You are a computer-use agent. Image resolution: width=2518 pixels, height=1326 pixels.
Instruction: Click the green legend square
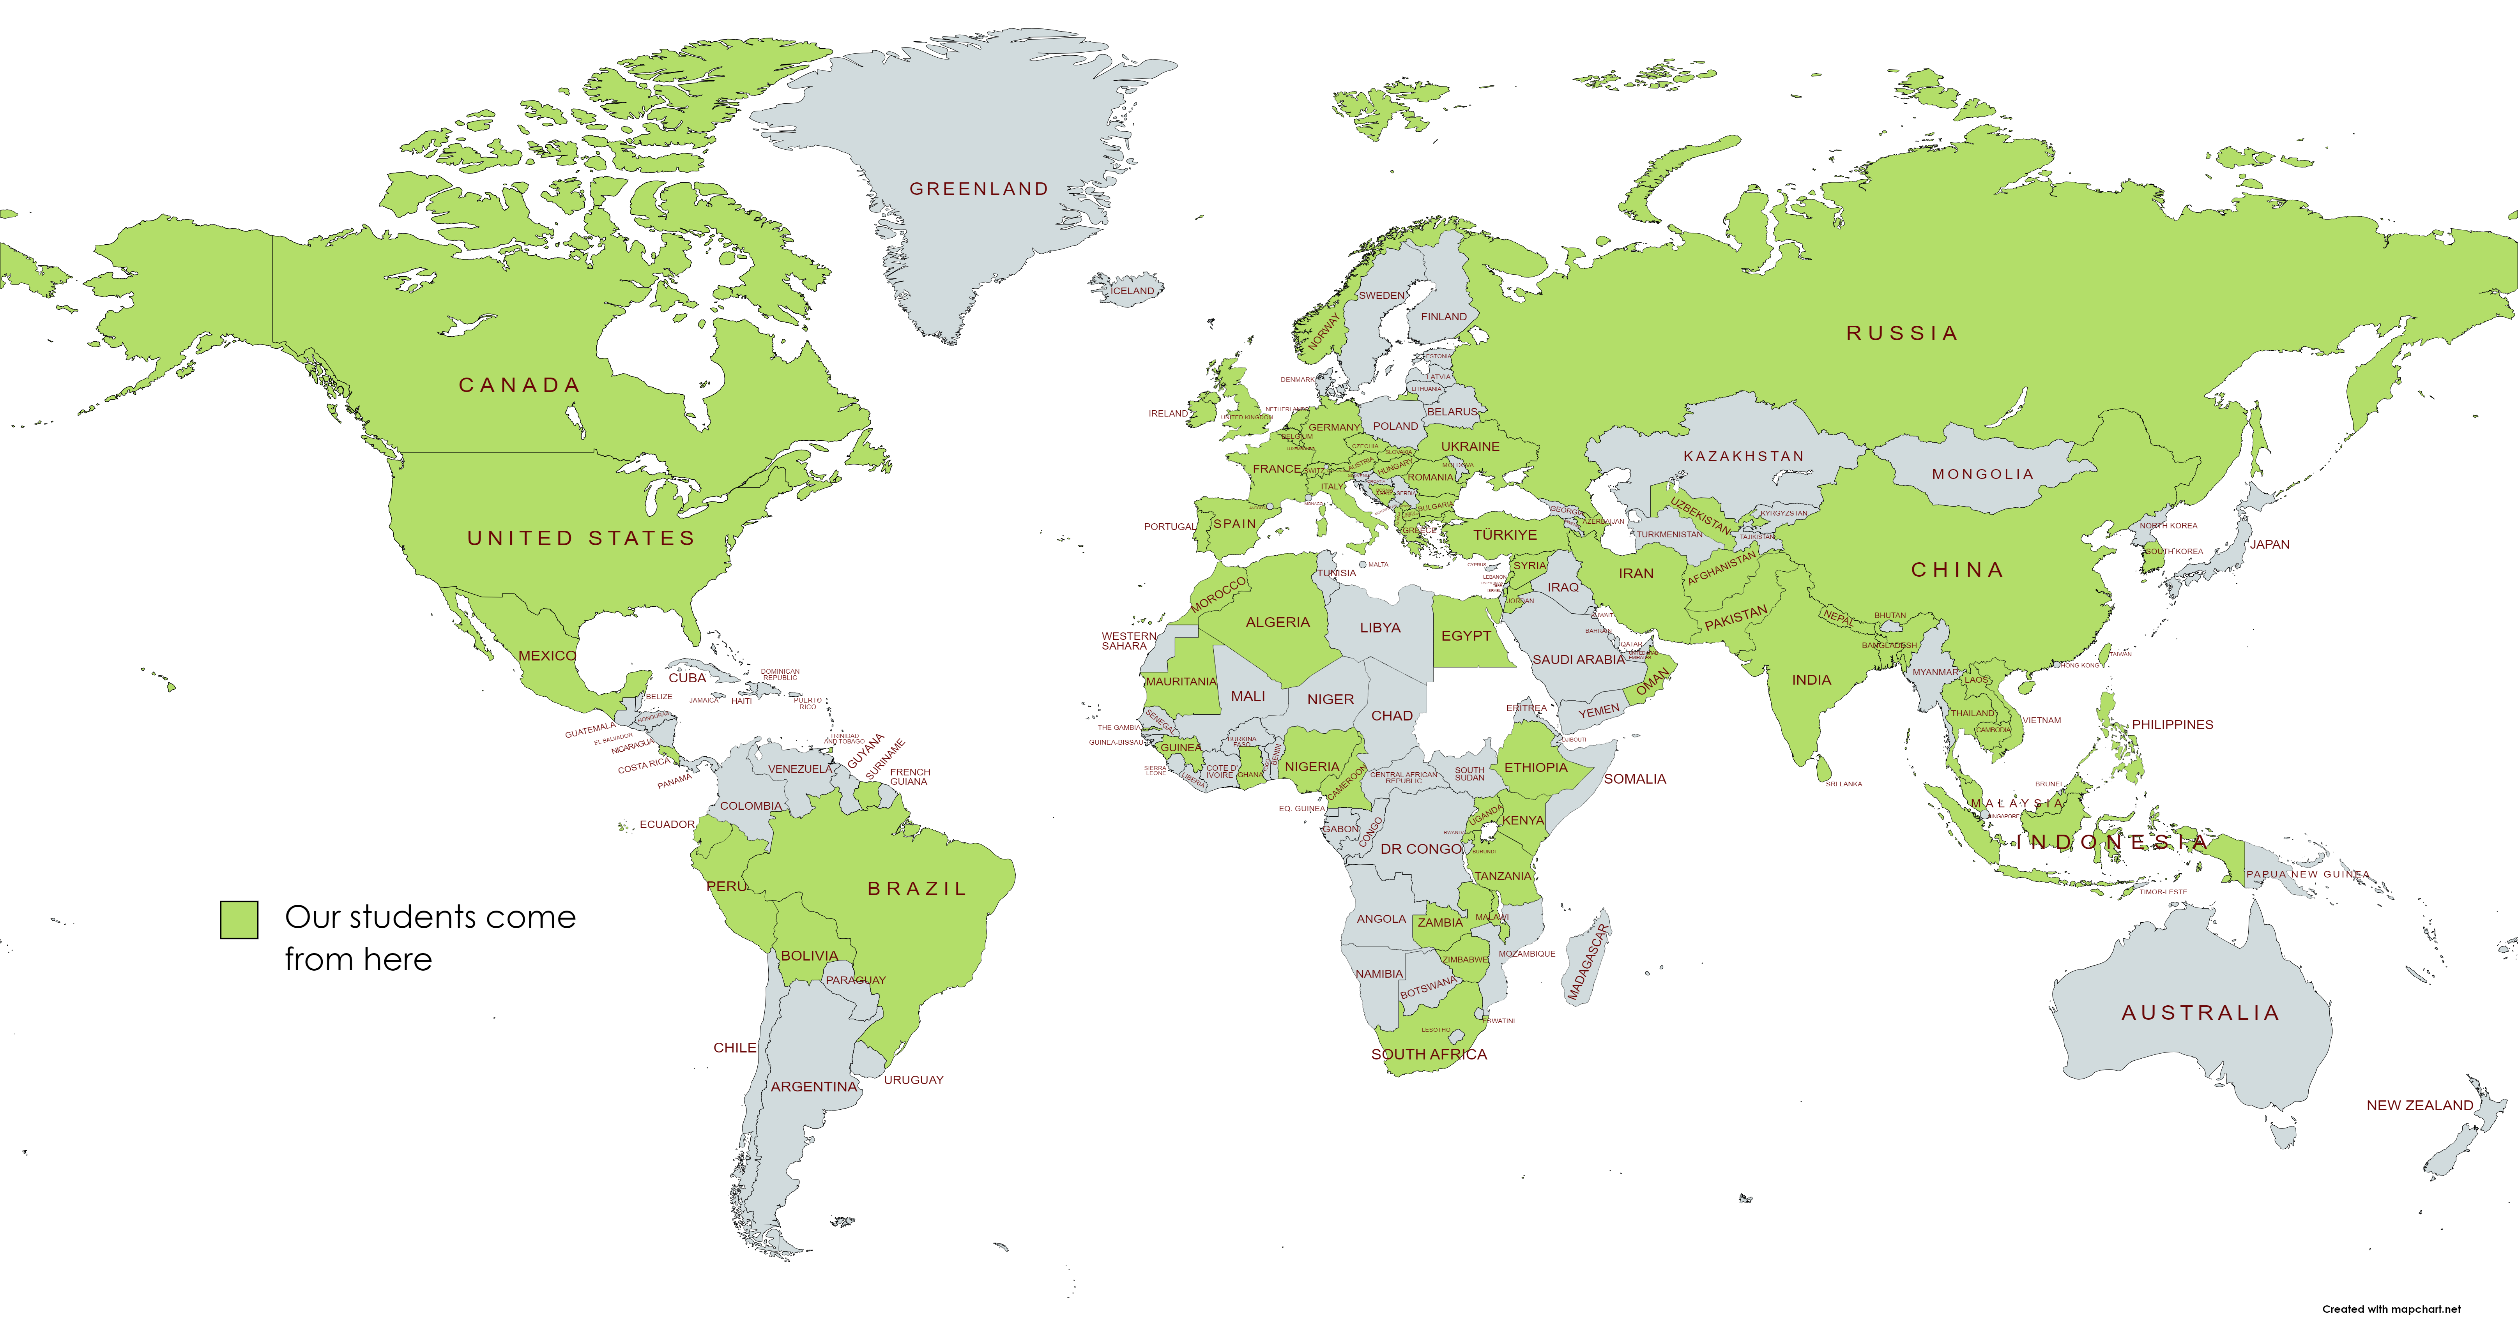point(239,920)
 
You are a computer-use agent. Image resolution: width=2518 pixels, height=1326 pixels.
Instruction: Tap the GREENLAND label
point(978,189)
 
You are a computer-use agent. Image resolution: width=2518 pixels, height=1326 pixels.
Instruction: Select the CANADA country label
point(520,385)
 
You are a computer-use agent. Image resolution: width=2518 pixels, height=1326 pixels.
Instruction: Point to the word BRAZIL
point(917,888)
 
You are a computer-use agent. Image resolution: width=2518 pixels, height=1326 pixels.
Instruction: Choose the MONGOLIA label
point(1982,474)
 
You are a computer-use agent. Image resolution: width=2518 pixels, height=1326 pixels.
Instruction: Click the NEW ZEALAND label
point(2419,1105)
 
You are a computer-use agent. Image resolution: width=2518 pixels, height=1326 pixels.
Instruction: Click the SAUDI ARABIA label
point(1578,660)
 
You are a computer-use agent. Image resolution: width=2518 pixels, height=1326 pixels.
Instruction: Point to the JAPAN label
point(2270,544)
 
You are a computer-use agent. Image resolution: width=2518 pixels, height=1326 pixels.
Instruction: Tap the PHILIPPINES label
point(2172,724)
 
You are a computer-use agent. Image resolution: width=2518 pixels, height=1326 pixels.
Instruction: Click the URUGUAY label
point(914,1080)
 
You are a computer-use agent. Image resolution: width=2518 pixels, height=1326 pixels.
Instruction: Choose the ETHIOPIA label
point(1536,767)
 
